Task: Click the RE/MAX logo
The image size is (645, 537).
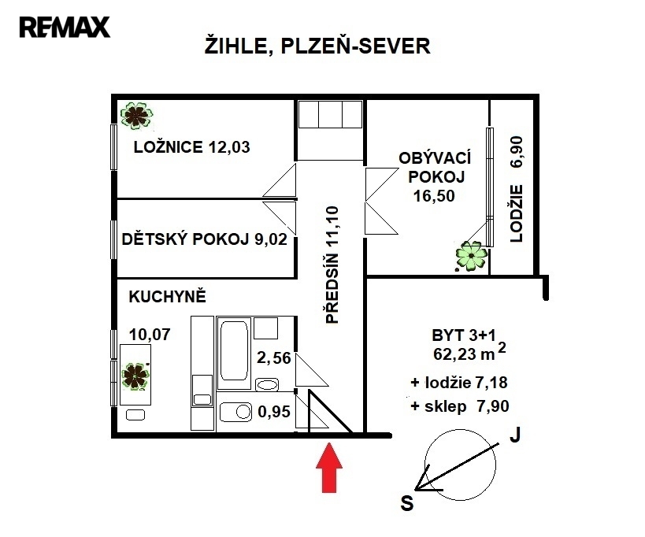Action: pyautogui.click(x=65, y=27)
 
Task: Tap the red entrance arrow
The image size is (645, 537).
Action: pyautogui.click(x=329, y=467)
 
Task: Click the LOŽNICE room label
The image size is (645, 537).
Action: pyautogui.click(x=169, y=146)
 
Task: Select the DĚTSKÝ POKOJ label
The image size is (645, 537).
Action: pyautogui.click(x=186, y=239)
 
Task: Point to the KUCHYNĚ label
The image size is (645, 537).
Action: pyautogui.click(x=168, y=297)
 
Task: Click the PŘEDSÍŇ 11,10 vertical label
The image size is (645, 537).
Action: pyautogui.click(x=332, y=265)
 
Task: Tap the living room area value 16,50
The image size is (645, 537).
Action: pyautogui.click(x=435, y=196)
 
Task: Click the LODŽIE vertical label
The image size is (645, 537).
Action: pyautogui.click(x=517, y=213)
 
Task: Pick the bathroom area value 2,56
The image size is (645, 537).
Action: pyautogui.click(x=274, y=358)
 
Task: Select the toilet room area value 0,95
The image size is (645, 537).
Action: pyautogui.click(x=274, y=412)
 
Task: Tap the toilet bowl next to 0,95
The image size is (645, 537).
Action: pyautogui.click(x=235, y=412)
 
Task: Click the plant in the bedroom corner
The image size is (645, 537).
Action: pyautogui.click(x=136, y=116)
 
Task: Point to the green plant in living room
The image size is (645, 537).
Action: pyautogui.click(x=472, y=256)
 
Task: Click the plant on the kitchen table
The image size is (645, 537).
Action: pyautogui.click(x=135, y=376)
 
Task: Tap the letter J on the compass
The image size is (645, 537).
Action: pyautogui.click(x=515, y=435)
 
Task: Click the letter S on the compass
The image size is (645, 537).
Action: pyautogui.click(x=407, y=503)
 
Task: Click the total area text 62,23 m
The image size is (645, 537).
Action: pyautogui.click(x=464, y=354)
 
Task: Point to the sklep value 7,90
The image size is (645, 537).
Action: pyautogui.click(x=493, y=406)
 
